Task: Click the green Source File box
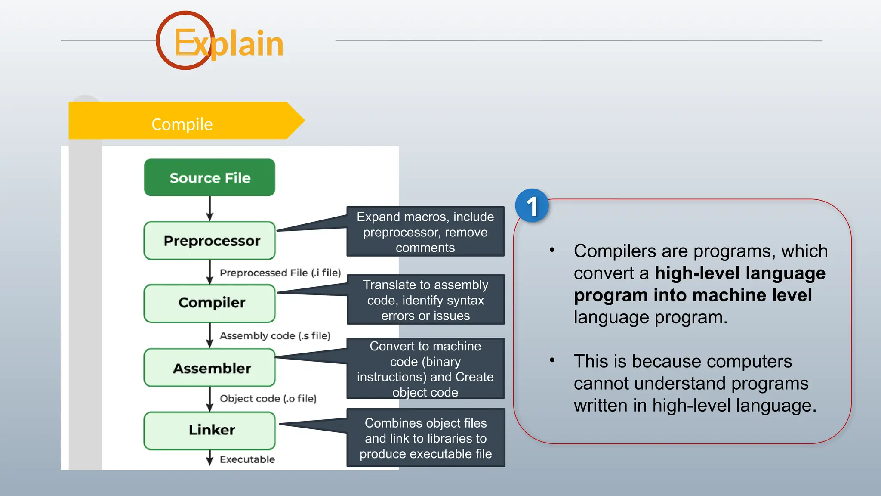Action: [x=209, y=177]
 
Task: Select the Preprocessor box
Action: [x=209, y=241]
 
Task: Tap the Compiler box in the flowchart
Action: [x=209, y=303]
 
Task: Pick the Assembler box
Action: [x=209, y=368]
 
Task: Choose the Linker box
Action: [x=209, y=430]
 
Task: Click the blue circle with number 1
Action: [x=532, y=206]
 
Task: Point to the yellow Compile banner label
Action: [x=182, y=124]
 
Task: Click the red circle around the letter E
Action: [x=185, y=40]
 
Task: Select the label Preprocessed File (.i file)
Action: [x=280, y=273]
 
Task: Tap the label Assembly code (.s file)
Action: [x=275, y=336]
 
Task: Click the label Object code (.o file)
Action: [x=268, y=399]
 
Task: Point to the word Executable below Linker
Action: [x=247, y=459]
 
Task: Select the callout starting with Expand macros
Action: [x=425, y=232]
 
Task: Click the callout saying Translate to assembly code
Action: [x=425, y=300]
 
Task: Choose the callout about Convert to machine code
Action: [x=425, y=369]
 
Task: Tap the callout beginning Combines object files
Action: [x=425, y=438]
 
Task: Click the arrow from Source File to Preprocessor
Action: [x=209, y=208]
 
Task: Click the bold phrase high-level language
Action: [x=740, y=273]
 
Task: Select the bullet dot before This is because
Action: [x=552, y=360]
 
